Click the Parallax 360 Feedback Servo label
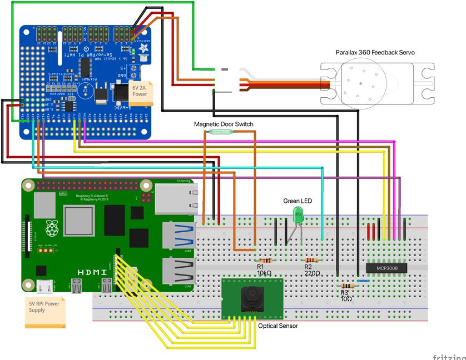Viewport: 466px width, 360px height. click(375, 52)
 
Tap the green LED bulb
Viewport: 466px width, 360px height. click(298, 213)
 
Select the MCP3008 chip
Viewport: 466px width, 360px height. click(386, 267)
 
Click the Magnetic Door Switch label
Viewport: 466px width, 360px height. click(223, 124)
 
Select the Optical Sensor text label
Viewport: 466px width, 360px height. click(277, 326)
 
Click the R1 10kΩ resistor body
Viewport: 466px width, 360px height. click(264, 260)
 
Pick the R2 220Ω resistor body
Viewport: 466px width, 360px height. click(310, 260)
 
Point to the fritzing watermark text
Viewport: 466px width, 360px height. click(449, 356)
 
